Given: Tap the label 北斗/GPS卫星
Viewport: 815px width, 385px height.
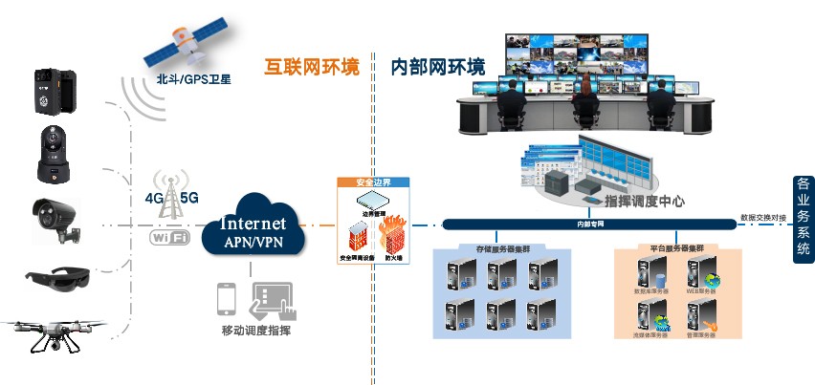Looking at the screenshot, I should [187, 80].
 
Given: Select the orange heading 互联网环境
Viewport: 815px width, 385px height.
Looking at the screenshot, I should [311, 68].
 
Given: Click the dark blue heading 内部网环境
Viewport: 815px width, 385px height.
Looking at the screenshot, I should [438, 68].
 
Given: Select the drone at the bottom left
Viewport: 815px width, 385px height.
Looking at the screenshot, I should [52, 332].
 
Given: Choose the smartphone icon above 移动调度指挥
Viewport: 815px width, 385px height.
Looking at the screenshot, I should [227, 298].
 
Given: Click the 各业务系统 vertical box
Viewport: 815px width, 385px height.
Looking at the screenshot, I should [802, 219].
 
